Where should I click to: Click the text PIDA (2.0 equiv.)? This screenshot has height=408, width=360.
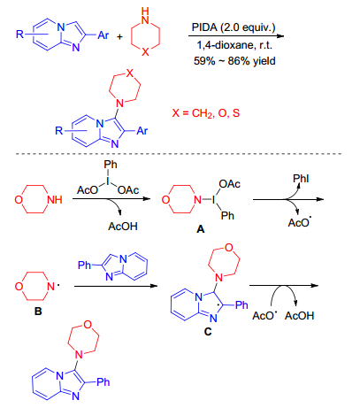click(x=234, y=27)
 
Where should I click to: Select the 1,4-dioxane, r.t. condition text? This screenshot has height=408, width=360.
click(x=234, y=45)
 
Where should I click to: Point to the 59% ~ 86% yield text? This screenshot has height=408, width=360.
click(x=234, y=61)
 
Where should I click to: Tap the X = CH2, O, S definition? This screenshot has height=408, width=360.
click(x=206, y=113)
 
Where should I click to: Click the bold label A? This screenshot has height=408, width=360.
click(x=200, y=229)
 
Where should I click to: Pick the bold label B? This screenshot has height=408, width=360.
click(x=38, y=312)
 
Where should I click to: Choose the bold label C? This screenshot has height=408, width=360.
click(x=208, y=332)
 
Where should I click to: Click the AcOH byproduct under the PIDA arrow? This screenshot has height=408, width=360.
click(x=123, y=227)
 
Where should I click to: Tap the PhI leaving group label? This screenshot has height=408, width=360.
click(x=301, y=179)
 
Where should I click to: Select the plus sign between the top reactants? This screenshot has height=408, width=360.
click(x=119, y=37)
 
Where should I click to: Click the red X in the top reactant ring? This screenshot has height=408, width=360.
click(x=145, y=52)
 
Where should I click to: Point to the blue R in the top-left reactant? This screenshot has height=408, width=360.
click(x=19, y=35)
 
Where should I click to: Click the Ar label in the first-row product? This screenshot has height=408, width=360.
click(x=142, y=130)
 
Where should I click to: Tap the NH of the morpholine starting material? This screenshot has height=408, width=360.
click(x=55, y=200)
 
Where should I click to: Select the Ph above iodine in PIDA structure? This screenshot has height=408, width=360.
click(x=111, y=165)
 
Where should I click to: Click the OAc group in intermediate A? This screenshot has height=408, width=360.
click(x=229, y=184)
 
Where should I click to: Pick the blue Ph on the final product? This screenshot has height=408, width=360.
click(x=103, y=382)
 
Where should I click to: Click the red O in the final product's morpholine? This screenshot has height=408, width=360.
click(x=88, y=325)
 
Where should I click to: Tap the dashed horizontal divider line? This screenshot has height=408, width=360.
click(x=179, y=154)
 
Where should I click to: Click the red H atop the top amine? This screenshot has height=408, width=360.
click(x=145, y=11)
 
